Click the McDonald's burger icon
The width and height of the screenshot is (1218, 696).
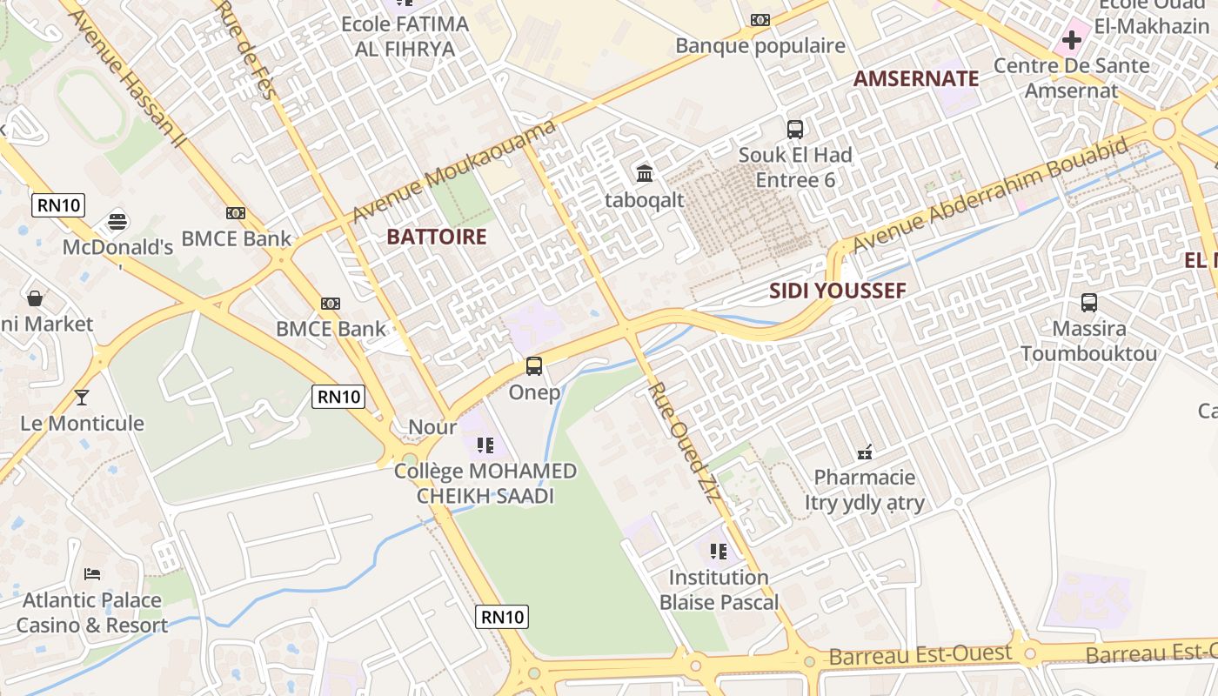(x=118, y=221)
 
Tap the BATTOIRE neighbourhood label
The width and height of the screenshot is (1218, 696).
(x=436, y=237)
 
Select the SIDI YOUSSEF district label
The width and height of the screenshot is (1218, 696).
(x=838, y=291)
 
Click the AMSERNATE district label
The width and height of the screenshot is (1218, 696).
(x=916, y=78)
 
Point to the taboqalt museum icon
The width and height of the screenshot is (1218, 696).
(x=645, y=173)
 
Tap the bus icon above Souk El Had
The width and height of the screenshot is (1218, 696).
(x=795, y=130)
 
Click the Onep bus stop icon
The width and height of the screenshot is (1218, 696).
(x=534, y=366)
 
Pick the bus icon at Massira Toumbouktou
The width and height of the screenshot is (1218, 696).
(x=1089, y=303)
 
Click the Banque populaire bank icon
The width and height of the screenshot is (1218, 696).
(x=760, y=20)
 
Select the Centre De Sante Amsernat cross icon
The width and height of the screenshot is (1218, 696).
(x=1072, y=39)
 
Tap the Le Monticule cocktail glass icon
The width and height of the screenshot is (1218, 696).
(x=82, y=398)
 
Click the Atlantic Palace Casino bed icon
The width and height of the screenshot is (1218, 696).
(x=92, y=574)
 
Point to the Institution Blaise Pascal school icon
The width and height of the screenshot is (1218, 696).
(x=718, y=551)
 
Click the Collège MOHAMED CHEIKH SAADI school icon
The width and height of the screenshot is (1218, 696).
(x=485, y=445)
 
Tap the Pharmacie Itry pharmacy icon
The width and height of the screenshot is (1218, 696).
(x=865, y=452)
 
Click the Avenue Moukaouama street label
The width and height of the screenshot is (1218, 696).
(x=454, y=171)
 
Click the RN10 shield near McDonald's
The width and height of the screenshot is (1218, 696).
(x=58, y=206)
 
